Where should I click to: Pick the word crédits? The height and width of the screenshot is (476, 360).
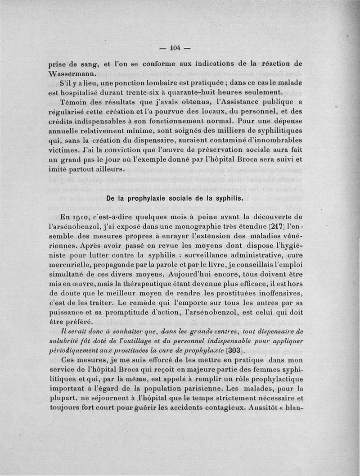pos(62,122)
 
